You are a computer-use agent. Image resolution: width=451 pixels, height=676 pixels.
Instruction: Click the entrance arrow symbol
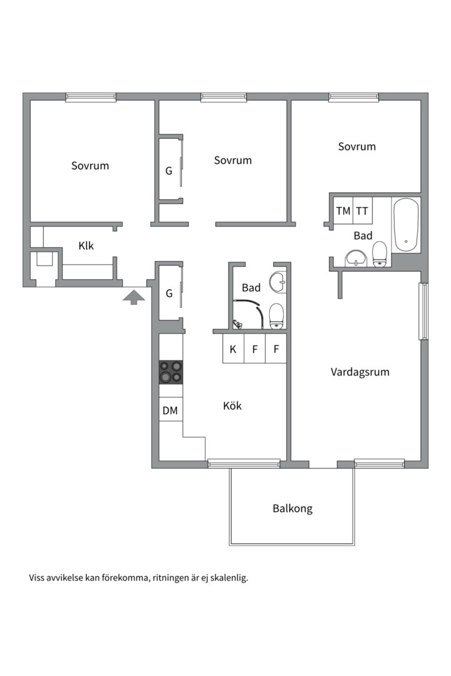(x=133, y=297)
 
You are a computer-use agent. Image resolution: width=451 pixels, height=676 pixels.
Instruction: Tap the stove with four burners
(x=171, y=372)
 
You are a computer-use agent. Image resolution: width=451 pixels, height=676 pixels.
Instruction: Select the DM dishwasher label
(x=170, y=411)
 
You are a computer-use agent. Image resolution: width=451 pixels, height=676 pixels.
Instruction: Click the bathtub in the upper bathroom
(x=406, y=225)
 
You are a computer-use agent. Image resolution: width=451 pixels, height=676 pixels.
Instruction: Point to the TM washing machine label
(x=343, y=211)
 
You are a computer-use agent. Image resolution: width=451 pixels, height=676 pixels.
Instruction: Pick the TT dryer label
(x=362, y=211)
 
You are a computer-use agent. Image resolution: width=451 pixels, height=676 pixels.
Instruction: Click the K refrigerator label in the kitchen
(x=233, y=349)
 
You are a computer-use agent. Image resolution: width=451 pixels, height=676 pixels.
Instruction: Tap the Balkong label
(x=293, y=509)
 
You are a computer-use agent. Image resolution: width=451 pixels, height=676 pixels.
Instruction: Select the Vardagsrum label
(x=360, y=372)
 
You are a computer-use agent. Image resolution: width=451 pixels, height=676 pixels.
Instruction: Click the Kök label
(x=232, y=406)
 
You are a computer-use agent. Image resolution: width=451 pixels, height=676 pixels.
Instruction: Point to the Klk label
(x=86, y=246)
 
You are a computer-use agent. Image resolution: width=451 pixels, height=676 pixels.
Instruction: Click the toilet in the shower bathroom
(x=276, y=316)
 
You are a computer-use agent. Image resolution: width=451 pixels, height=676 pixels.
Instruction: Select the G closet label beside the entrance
(x=169, y=294)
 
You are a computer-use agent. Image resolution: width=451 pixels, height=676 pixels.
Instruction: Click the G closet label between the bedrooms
(x=168, y=171)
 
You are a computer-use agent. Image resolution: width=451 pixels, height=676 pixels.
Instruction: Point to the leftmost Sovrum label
(x=90, y=166)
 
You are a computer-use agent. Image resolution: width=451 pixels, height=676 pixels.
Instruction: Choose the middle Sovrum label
(x=232, y=160)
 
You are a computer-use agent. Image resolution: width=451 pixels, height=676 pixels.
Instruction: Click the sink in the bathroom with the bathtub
(x=356, y=259)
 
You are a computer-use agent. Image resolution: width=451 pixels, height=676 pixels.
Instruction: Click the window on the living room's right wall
(x=424, y=311)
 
